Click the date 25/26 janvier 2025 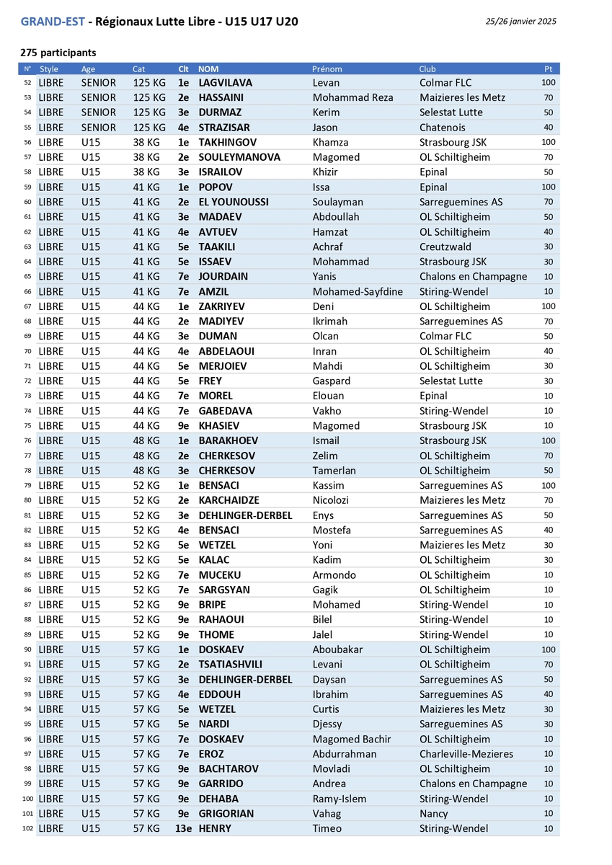tap(520, 22)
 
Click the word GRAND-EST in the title tap(53, 22)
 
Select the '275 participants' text tap(58, 53)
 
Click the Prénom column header tap(327, 69)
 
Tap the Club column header tap(427, 69)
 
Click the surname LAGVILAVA tap(226, 83)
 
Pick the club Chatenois tap(443, 128)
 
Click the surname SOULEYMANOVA tap(239, 157)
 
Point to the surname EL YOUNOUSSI tap(234, 202)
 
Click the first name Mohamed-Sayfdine tap(358, 291)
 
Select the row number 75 tap(27, 426)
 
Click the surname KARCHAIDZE tap(229, 500)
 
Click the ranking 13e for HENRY tap(183, 828)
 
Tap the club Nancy tap(433, 813)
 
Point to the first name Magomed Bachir tap(352, 739)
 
